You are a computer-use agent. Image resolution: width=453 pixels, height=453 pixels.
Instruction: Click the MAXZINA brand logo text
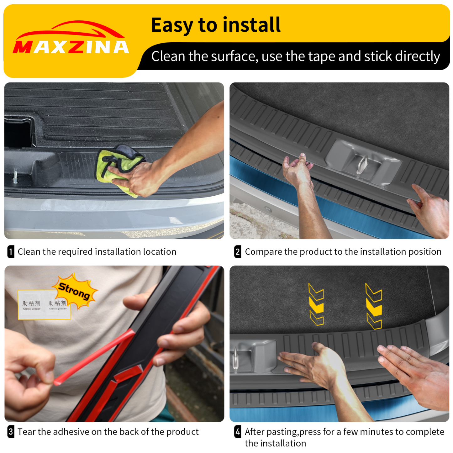pos(71,47)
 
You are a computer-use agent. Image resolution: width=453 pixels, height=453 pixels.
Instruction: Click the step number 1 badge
pos(11,252)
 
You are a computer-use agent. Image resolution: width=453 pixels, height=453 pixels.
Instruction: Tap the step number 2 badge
pos(238,252)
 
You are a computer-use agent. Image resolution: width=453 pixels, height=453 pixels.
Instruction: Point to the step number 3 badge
pos(11,432)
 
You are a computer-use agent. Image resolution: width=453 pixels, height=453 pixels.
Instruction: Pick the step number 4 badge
pos(238,432)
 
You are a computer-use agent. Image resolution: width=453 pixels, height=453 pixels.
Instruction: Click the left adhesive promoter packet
pos(31,305)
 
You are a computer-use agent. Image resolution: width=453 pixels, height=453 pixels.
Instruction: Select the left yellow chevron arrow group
pos(316,304)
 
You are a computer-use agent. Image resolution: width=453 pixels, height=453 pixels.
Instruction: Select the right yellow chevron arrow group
pos(374,306)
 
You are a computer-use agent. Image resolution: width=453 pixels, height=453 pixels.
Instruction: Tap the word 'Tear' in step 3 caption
pos(27,432)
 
